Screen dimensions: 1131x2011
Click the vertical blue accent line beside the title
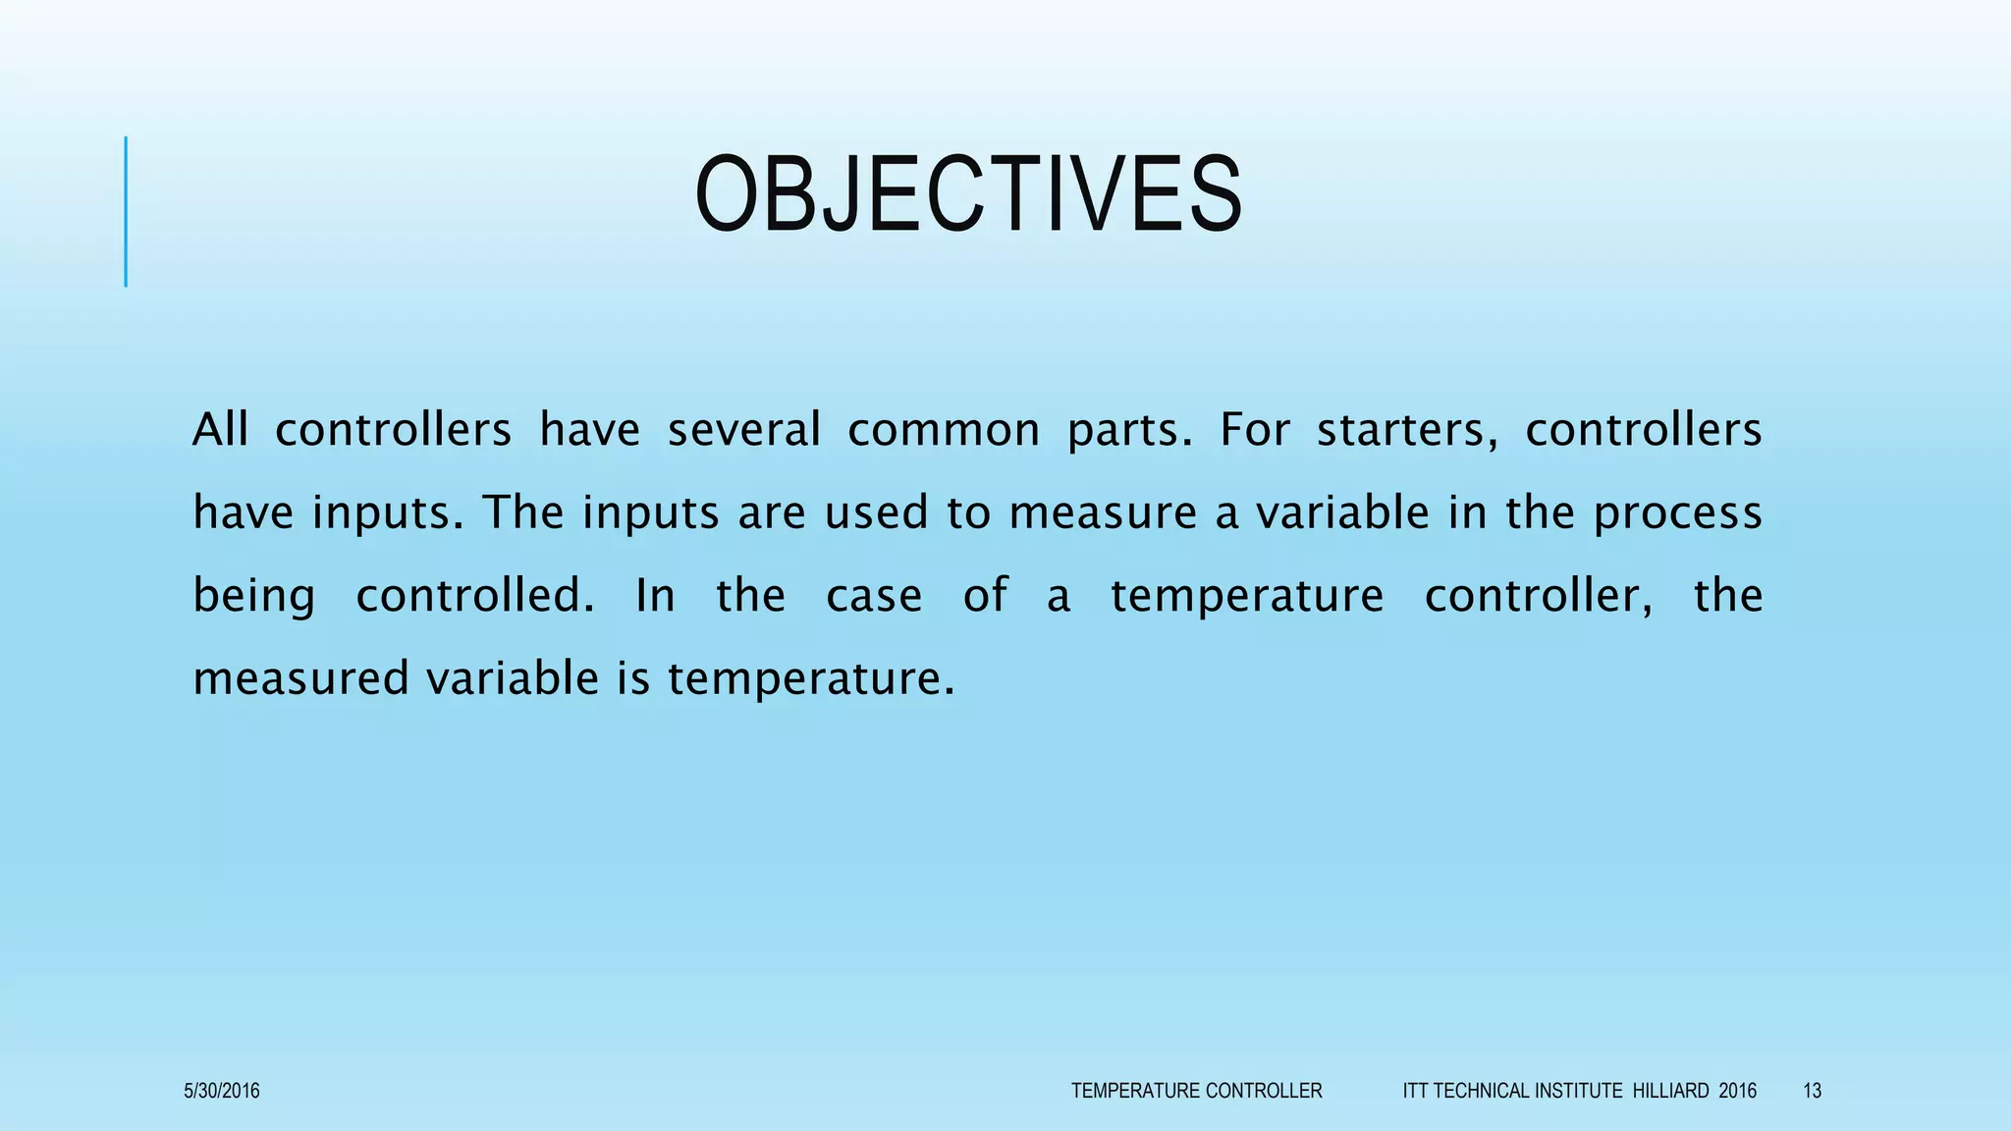[126, 211]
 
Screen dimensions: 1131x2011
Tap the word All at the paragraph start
[220, 430]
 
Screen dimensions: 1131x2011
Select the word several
[743, 430]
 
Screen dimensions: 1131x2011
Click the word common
[943, 430]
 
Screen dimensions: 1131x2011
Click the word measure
[1103, 512]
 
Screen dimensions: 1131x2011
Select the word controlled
[474, 595]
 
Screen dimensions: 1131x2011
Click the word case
[874, 596]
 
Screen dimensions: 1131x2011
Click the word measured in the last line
[299, 678]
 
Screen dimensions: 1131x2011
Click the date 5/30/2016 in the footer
[222, 1091]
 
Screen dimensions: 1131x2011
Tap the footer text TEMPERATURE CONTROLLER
[1196, 1091]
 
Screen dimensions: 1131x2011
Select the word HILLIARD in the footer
[1670, 1091]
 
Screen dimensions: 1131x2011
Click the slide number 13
[1812, 1091]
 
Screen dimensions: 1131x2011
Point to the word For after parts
[1254, 430]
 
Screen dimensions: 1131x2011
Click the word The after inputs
[523, 512]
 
